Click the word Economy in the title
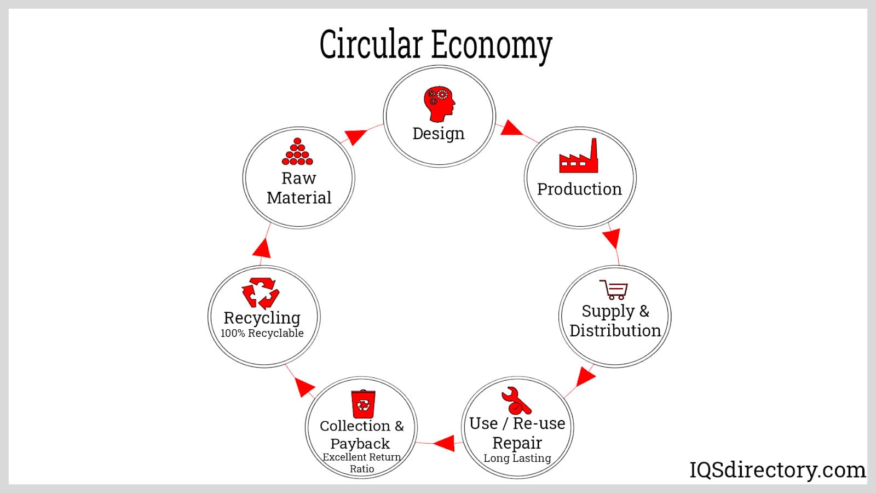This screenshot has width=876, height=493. [x=491, y=45]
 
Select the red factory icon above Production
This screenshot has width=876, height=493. [x=579, y=157]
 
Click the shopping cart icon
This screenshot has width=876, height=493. [x=614, y=289]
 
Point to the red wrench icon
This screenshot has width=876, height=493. [x=516, y=400]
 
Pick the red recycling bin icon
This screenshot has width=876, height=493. [x=363, y=404]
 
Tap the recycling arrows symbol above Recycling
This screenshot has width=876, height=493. [x=261, y=293]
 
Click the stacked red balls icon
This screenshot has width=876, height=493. [x=297, y=152]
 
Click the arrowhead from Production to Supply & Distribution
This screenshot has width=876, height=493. [x=612, y=238]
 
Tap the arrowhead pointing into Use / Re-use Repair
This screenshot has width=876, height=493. [x=585, y=377]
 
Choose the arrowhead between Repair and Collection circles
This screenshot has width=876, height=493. [x=445, y=443]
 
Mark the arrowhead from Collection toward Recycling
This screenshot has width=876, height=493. [x=304, y=387]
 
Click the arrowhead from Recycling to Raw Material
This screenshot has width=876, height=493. [x=262, y=248]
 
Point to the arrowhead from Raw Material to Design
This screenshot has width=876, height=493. [x=356, y=136]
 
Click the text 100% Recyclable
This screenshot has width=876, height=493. [x=262, y=334]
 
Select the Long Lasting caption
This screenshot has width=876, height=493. [x=517, y=458]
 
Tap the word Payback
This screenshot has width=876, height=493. [x=360, y=444]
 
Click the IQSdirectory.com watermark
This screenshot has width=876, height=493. [x=777, y=470]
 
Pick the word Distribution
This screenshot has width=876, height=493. [x=615, y=331]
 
